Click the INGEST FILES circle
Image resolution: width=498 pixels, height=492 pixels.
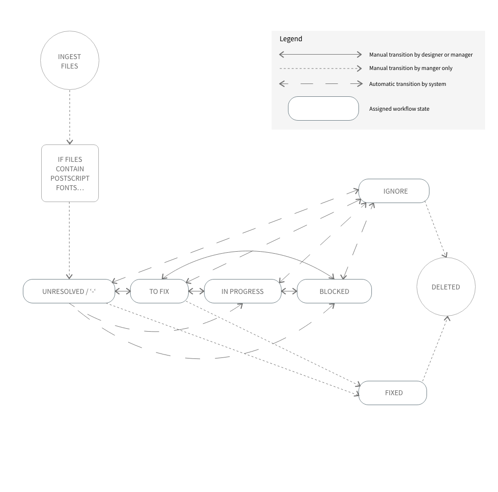pyautogui.click(x=70, y=61)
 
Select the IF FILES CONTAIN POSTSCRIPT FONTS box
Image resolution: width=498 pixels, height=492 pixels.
pyautogui.click(x=70, y=173)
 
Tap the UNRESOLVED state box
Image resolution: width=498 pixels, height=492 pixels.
pyautogui.click(x=69, y=291)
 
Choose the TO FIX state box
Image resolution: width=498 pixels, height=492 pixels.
pyautogui.click(x=159, y=291)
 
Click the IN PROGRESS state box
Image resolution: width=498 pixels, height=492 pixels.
pyautogui.click(x=242, y=291)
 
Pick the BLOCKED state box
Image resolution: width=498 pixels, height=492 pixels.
pyautogui.click(x=334, y=291)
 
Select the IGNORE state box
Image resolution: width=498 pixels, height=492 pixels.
pyautogui.click(x=394, y=191)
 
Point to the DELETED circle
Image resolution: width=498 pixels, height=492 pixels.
pyautogui.click(x=446, y=287)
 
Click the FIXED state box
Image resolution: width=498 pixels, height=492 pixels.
pyautogui.click(x=393, y=393)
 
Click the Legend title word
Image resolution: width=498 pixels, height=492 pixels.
pyautogui.click(x=291, y=39)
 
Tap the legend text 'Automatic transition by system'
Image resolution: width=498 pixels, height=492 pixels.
pyautogui.click(x=407, y=84)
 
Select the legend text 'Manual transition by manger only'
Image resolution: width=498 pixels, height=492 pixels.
pyautogui.click(x=411, y=68)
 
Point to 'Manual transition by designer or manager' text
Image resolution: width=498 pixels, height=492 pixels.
pyautogui.click(x=421, y=55)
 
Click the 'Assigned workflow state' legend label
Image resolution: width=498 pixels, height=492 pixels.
pyautogui.click(x=399, y=109)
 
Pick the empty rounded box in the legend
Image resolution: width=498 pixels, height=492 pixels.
pyautogui.click(x=323, y=108)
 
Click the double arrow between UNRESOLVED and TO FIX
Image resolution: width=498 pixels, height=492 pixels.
pyautogui.click(x=123, y=291)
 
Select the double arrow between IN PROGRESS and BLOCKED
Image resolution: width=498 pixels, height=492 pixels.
pyautogui.click(x=289, y=291)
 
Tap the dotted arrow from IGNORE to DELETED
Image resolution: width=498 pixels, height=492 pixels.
pyautogui.click(x=436, y=229)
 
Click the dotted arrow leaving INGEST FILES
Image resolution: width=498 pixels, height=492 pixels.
pyautogui.click(x=70, y=117)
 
